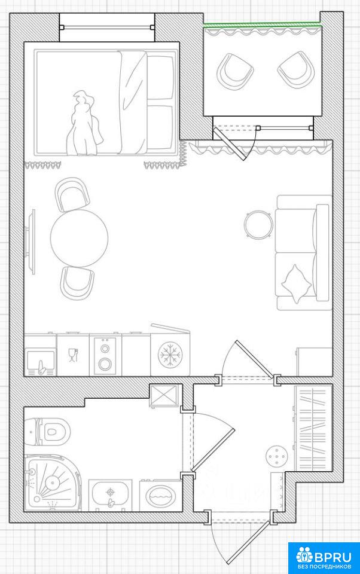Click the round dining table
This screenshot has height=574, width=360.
click(79, 239)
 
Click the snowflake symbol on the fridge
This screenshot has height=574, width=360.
click(170, 355)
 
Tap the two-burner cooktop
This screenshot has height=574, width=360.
click(105, 356)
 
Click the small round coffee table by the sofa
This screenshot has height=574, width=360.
click(258, 224)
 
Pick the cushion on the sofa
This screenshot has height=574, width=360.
click(296, 283)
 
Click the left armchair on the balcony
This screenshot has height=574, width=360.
click(235, 72)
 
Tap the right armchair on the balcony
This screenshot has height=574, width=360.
click(296, 70)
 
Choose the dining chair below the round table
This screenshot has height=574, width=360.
click(77, 283)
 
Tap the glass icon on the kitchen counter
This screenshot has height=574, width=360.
click(73, 355)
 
